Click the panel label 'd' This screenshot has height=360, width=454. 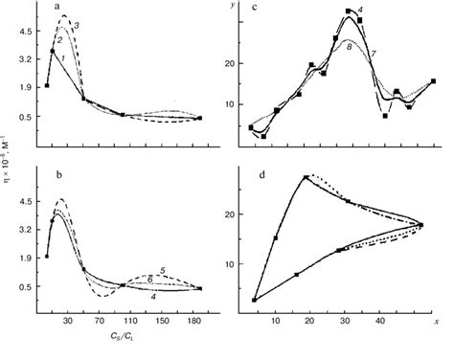[252, 175]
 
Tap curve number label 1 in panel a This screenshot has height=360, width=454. [62, 59]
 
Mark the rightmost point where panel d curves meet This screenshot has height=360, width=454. [420, 225]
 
